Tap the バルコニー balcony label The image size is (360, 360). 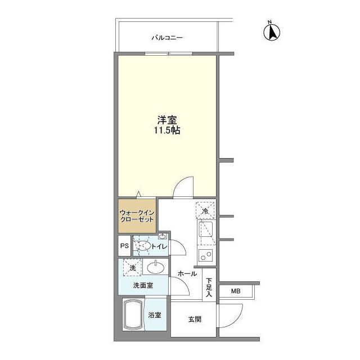[x=167, y=38]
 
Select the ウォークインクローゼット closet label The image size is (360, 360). [x=137, y=217]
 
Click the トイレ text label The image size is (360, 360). [x=160, y=246]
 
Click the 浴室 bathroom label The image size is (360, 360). [x=155, y=315]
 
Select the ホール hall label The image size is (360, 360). [x=187, y=274]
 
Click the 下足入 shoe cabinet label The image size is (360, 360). [x=209, y=286]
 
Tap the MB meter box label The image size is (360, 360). [x=236, y=291]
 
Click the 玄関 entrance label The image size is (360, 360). [x=195, y=319]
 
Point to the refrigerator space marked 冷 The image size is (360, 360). [x=205, y=210]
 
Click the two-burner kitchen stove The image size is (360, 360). [x=205, y=256]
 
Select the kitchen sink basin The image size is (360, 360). [x=205, y=231]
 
